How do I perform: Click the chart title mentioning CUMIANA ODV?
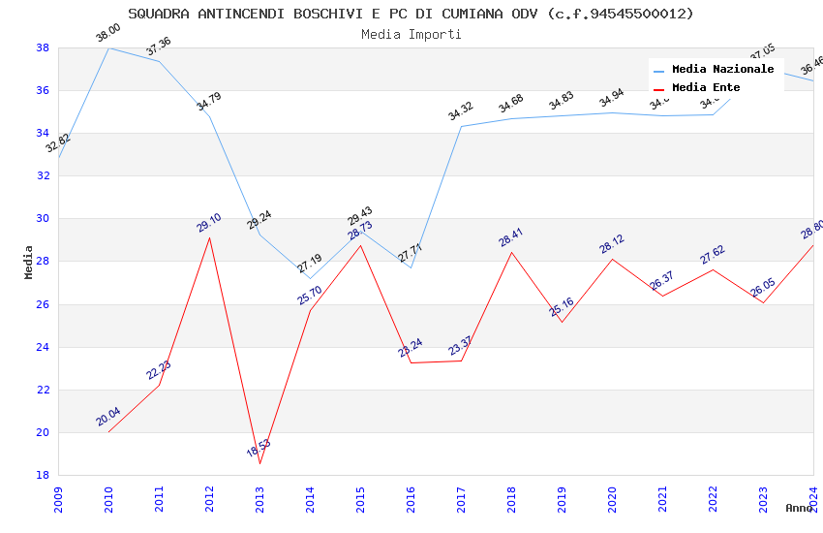pyautogui.click(x=411, y=14)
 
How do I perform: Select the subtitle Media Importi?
pyautogui.click(x=411, y=34)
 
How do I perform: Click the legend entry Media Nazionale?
pyautogui.click(x=722, y=69)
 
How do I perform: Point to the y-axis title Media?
pyautogui.click(x=29, y=262)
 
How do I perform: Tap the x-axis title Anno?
pyautogui.click(x=799, y=508)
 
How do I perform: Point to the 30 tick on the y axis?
pyautogui.click(x=43, y=219)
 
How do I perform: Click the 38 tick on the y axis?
pyautogui.click(x=43, y=47)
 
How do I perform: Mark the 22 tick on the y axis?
pyautogui.click(x=43, y=390)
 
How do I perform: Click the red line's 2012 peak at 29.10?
pyautogui.click(x=209, y=237)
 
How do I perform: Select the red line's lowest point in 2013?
pyautogui.click(x=259, y=463)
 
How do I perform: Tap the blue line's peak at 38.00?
pyautogui.click(x=108, y=47)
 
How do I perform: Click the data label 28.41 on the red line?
pyautogui.click(x=510, y=238)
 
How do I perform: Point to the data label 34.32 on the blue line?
pyautogui.click(x=460, y=111)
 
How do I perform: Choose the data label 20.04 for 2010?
pyautogui.click(x=107, y=417)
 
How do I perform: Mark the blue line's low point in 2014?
pyautogui.click(x=310, y=279)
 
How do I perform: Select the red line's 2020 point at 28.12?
pyautogui.click(x=612, y=259)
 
